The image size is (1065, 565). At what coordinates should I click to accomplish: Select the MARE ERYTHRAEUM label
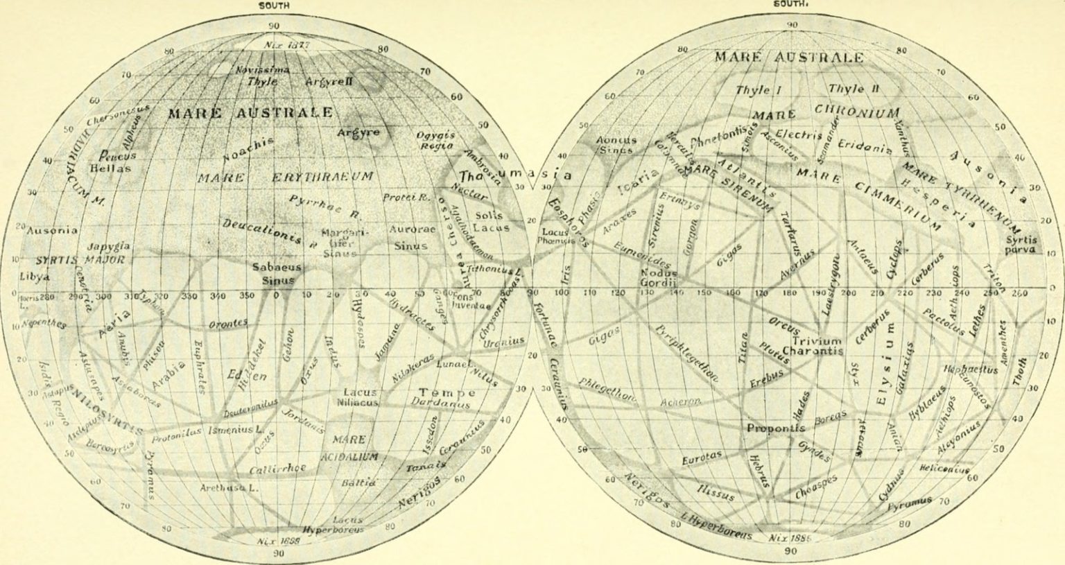pyautogui.click(x=285, y=177)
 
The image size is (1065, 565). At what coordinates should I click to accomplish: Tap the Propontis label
pyautogui.click(x=775, y=428)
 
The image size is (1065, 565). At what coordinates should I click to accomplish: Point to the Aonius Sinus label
pyautogui.click(x=616, y=144)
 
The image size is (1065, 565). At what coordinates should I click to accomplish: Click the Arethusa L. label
pyautogui.click(x=229, y=487)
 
